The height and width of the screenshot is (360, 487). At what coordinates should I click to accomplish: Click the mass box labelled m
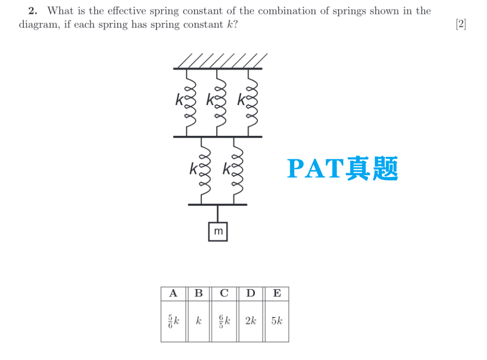click(x=218, y=232)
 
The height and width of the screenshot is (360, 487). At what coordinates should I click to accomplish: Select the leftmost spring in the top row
click(x=189, y=102)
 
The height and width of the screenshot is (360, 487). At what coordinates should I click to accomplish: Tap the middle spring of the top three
click(x=219, y=102)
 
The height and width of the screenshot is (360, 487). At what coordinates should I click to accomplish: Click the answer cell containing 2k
click(x=250, y=321)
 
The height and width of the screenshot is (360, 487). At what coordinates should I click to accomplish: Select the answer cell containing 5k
click(x=277, y=321)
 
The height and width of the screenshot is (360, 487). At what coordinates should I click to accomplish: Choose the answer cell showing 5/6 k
click(x=173, y=321)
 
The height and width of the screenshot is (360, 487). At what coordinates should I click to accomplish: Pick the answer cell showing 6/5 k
click(x=225, y=321)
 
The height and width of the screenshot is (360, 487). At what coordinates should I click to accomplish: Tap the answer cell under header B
click(x=199, y=321)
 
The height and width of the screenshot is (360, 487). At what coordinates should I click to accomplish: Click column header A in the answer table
click(x=173, y=293)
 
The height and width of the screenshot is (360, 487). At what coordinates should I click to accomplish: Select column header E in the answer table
click(x=277, y=293)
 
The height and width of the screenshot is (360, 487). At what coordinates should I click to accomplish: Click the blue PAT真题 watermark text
click(x=343, y=168)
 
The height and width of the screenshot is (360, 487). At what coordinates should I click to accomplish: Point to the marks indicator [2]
click(x=461, y=24)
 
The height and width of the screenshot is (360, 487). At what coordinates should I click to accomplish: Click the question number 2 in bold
click(x=33, y=10)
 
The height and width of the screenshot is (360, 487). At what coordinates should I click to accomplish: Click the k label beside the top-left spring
click(x=179, y=100)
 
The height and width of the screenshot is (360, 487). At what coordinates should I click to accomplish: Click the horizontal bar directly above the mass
click(x=218, y=204)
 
